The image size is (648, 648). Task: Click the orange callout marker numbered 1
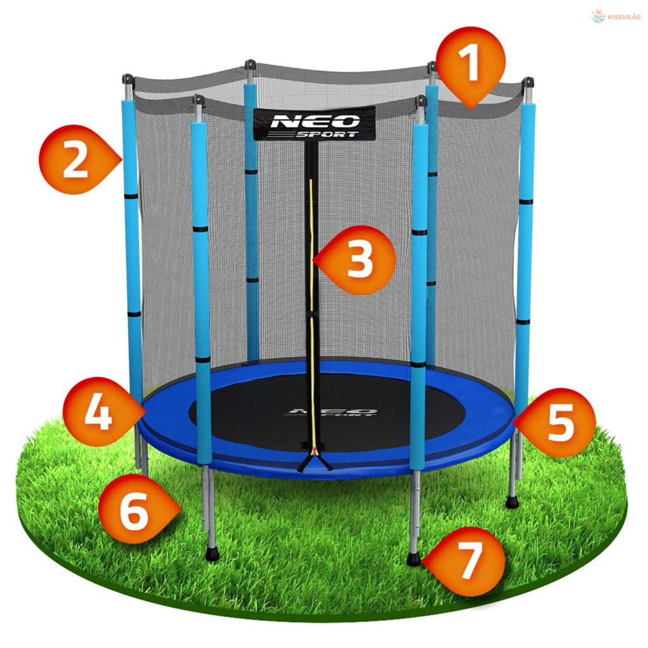pos(470,66)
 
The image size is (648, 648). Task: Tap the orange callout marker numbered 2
pos(77,159)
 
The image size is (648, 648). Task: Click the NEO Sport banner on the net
pos(315,123)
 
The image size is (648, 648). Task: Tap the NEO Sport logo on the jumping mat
pos(330,413)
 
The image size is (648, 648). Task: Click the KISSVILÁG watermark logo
pos(615,16)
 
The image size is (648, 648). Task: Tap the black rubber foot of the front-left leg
pos(212,553)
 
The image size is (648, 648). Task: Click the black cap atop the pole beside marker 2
pos(128,79)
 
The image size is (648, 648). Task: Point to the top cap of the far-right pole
pos(528,82)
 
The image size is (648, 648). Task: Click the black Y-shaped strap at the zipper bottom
pos(315,461)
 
